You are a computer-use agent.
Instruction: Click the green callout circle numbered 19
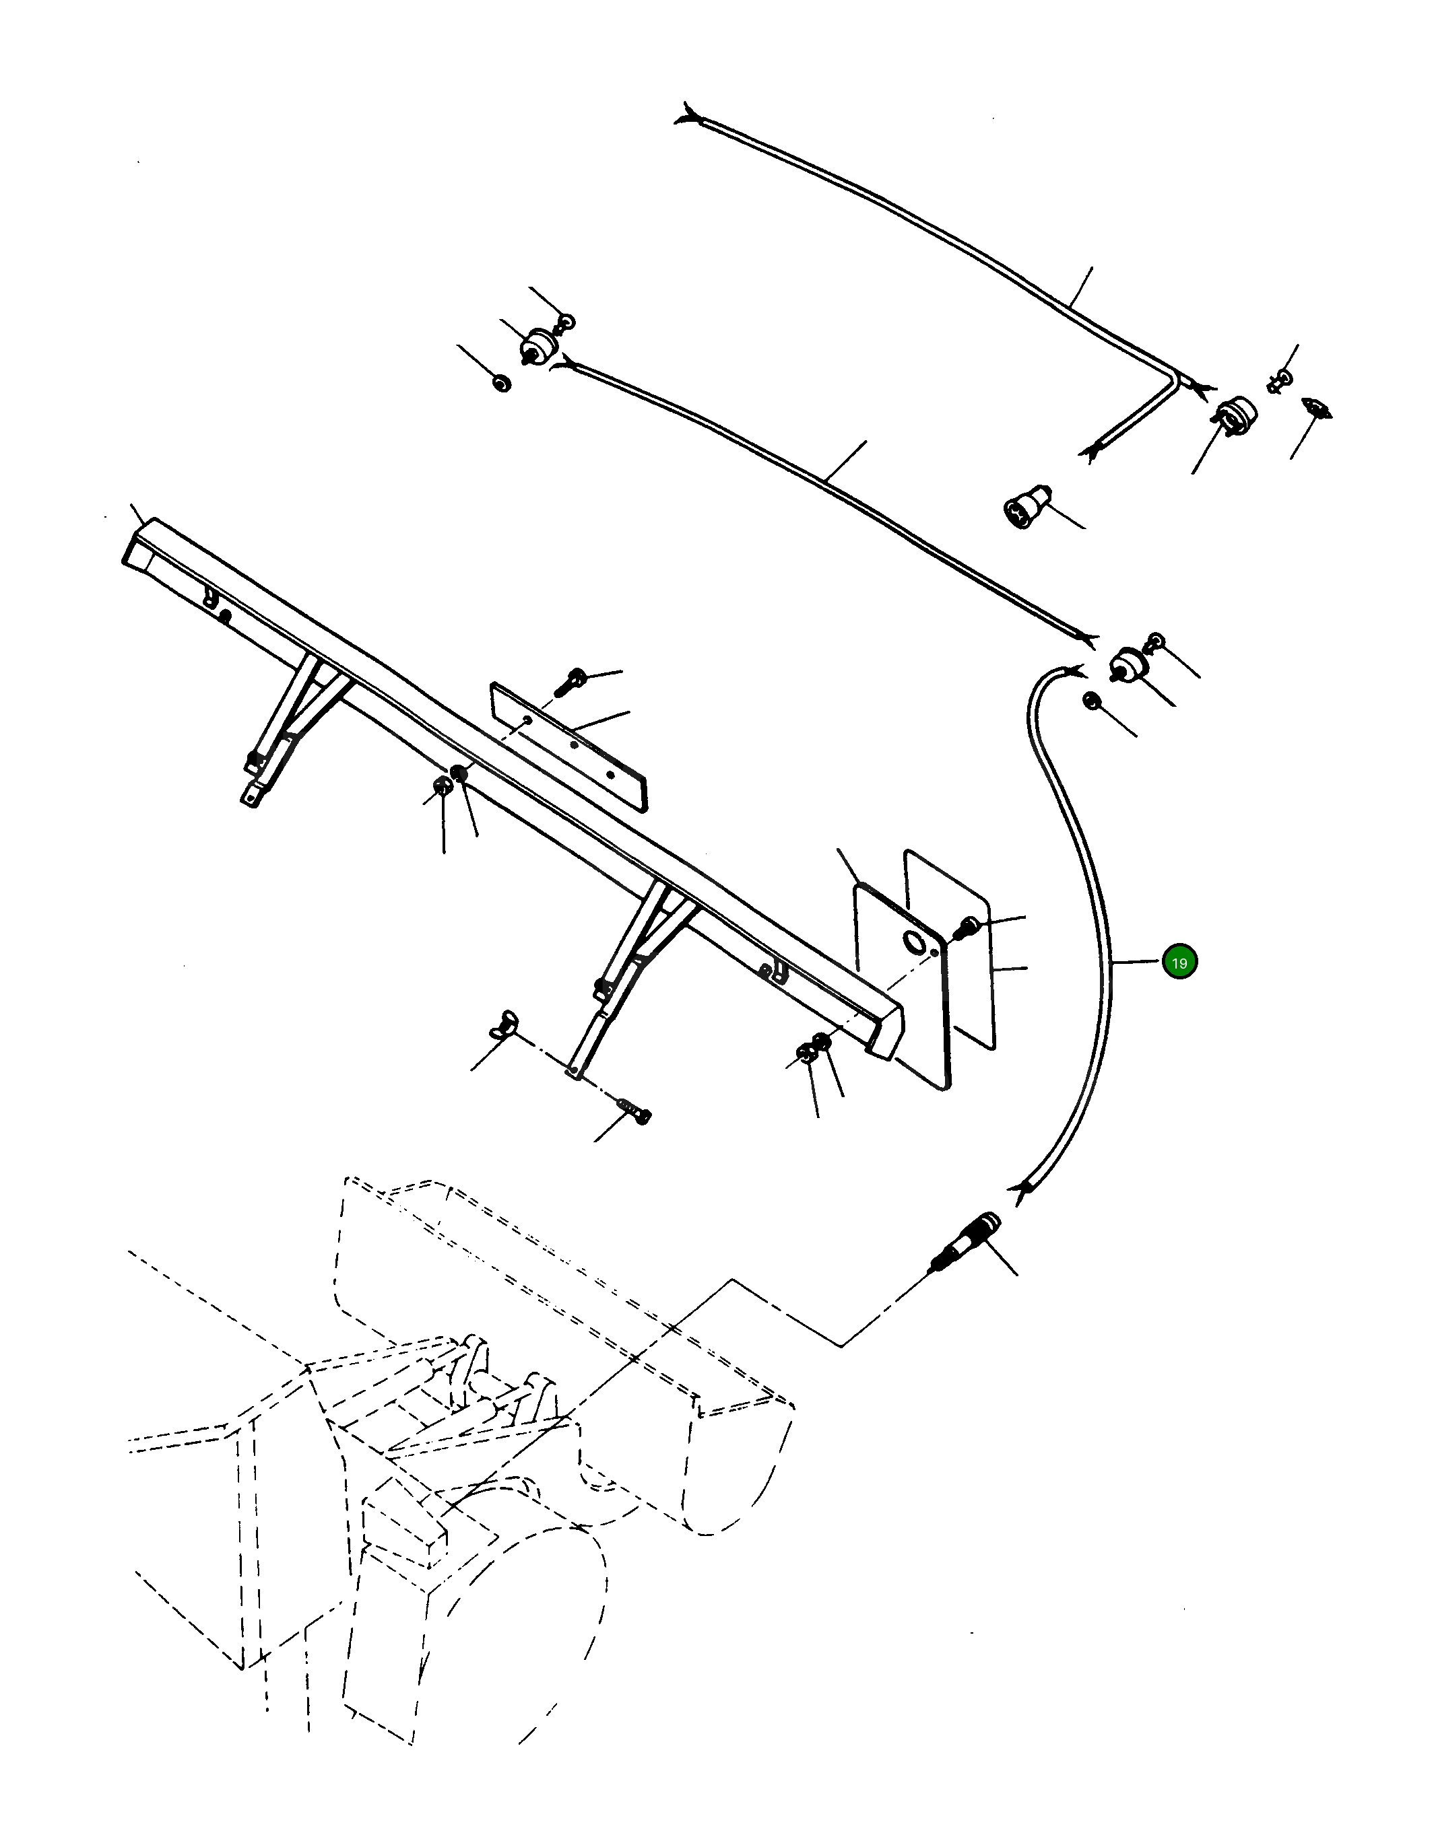pos(1179,963)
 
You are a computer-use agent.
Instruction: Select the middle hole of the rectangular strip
pos(575,745)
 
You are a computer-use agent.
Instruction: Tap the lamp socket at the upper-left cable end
pos(536,345)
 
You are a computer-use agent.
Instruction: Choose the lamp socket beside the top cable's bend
pos(1236,415)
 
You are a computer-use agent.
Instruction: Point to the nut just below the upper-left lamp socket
pos(502,383)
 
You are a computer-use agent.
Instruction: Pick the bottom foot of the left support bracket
pos(251,796)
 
